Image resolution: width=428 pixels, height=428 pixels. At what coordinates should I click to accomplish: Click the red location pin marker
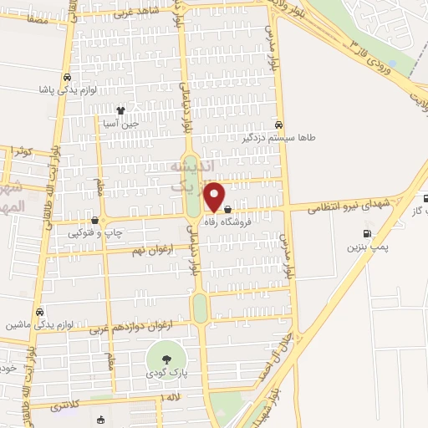tap(215, 196)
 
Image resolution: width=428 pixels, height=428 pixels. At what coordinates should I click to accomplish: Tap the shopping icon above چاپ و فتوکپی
tap(94, 222)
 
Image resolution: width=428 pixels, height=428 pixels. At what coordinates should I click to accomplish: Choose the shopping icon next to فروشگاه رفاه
tap(228, 221)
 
